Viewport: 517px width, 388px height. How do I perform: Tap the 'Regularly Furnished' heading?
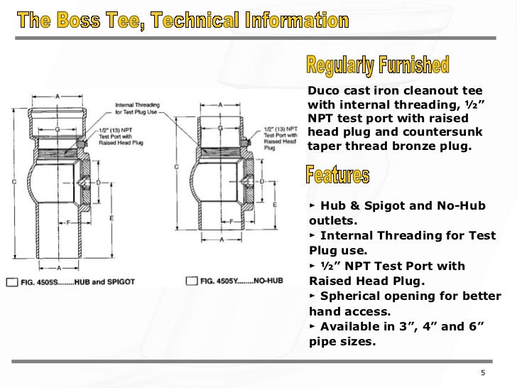(x=378, y=67)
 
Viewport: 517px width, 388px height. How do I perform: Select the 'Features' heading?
(x=337, y=173)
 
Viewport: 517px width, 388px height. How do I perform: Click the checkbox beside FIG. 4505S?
(x=11, y=283)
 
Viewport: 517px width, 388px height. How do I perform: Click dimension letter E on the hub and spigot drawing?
(x=111, y=220)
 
